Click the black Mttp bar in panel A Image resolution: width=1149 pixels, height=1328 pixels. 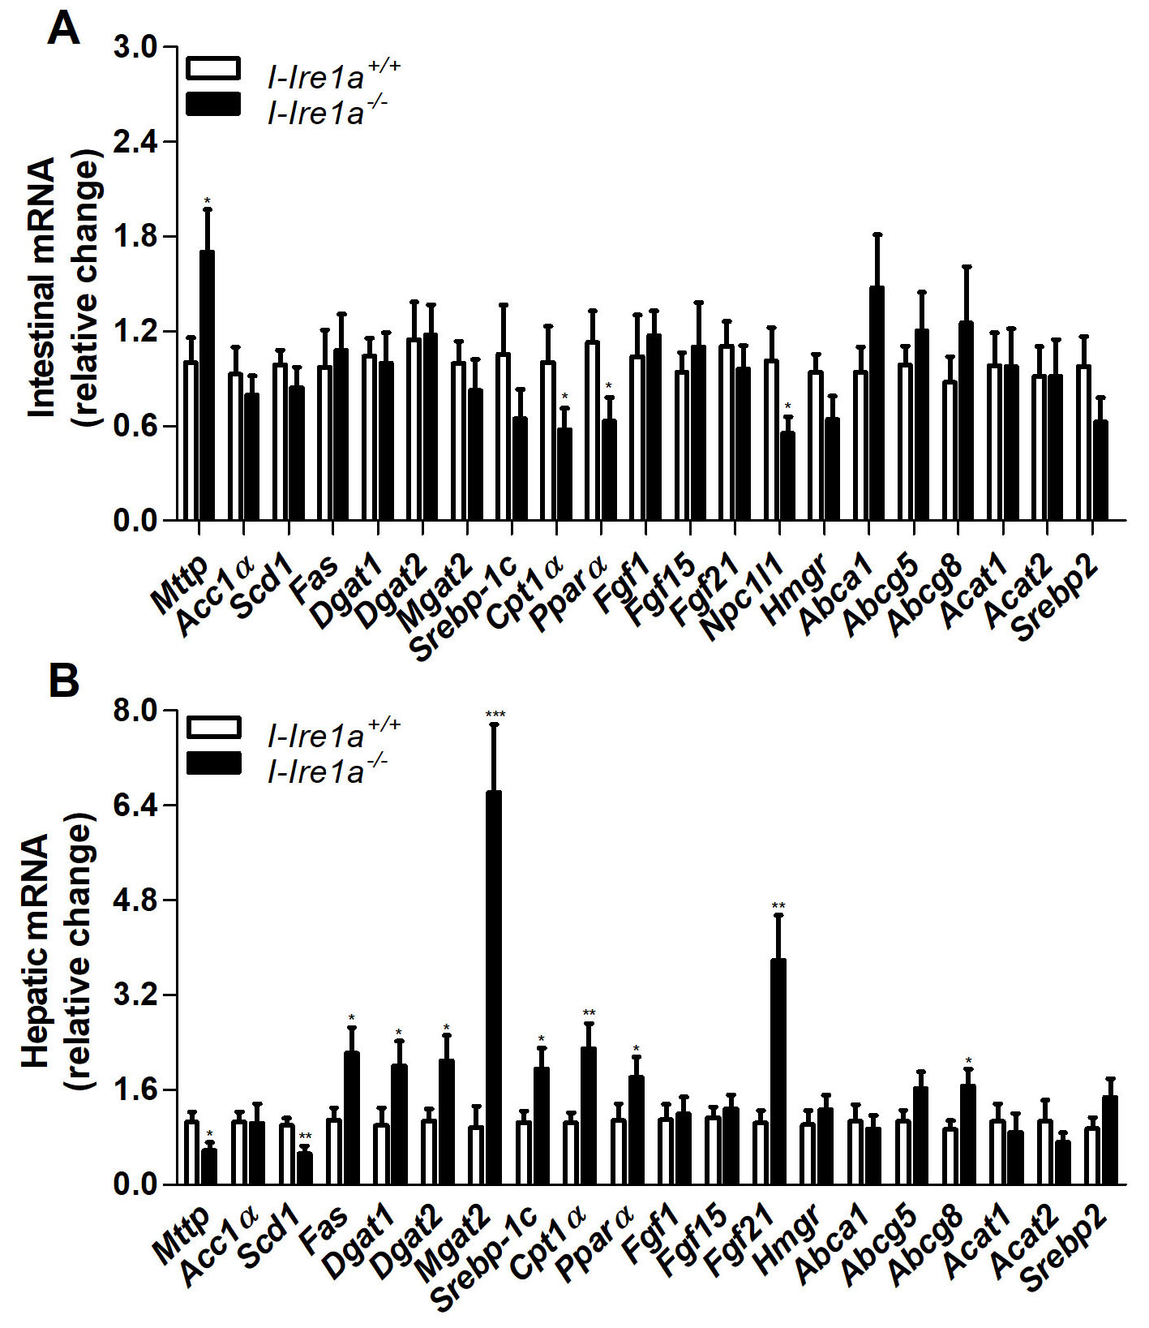208,385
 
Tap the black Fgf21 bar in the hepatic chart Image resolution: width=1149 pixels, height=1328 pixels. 778,1071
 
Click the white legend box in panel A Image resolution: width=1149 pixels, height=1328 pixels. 213,68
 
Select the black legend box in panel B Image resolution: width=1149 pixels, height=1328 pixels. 213,763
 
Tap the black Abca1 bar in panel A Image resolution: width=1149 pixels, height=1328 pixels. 877,403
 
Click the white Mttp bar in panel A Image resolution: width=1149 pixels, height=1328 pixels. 191,441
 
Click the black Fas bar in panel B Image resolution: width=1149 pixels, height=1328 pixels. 351,1118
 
